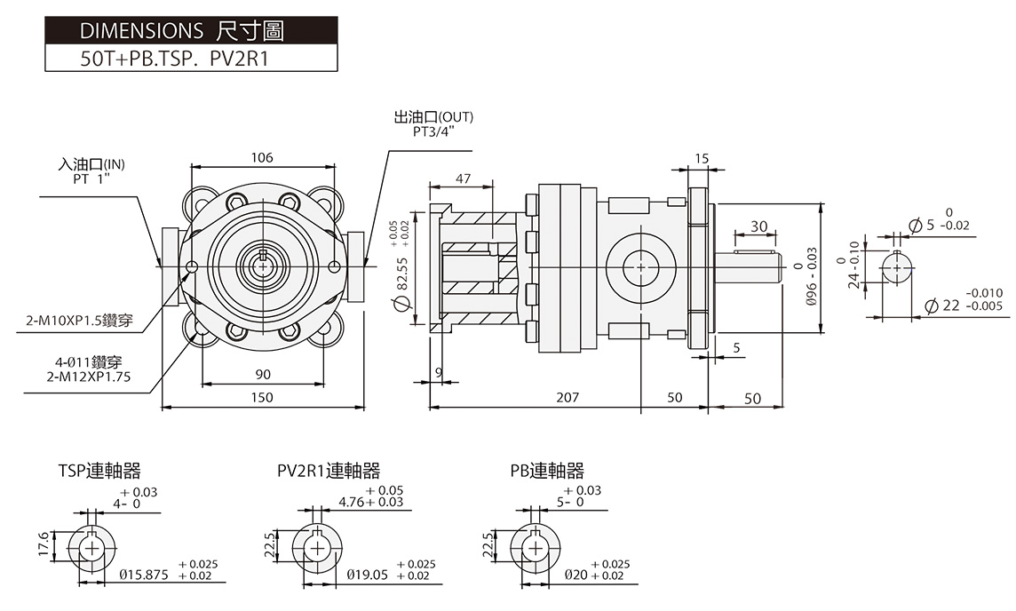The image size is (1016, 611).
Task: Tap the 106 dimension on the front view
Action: click(x=261, y=158)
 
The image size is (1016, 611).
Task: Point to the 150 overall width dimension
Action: click(x=262, y=397)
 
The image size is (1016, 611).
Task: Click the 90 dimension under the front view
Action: click(x=263, y=374)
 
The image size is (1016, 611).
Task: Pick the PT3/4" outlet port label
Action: click(x=433, y=131)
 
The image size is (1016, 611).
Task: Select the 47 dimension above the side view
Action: click(x=462, y=179)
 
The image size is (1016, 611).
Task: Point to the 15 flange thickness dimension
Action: click(x=702, y=159)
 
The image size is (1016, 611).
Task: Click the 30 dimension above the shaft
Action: click(x=758, y=226)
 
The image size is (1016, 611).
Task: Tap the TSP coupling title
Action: click(x=99, y=471)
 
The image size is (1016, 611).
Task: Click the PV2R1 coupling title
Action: click(x=328, y=471)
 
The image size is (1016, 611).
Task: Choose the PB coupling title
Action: click(x=547, y=471)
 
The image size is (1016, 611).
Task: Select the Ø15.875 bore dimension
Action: click(x=144, y=575)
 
